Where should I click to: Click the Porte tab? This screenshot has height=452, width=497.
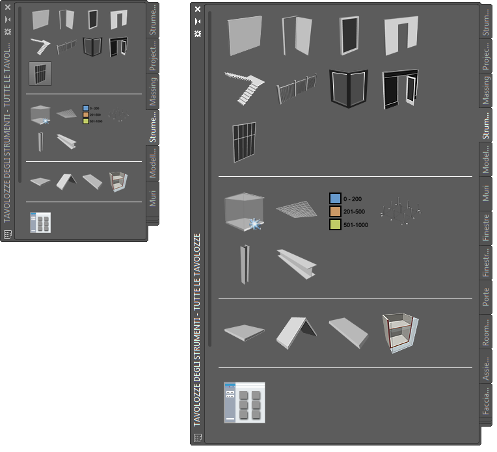(x=485, y=297)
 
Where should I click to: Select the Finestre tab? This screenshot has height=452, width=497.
(x=485, y=228)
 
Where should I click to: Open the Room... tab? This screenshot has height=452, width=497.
(x=485, y=332)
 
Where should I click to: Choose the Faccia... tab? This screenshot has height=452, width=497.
(x=485, y=401)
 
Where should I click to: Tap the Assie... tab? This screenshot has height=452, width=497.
(x=485, y=367)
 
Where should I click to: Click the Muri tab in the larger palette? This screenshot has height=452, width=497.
(x=485, y=194)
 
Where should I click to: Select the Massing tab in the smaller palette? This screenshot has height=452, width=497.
(x=152, y=90)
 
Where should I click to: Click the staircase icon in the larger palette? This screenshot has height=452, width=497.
(x=244, y=87)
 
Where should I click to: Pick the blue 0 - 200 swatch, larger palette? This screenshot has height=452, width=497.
(x=335, y=198)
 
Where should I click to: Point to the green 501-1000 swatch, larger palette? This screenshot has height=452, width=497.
(x=335, y=224)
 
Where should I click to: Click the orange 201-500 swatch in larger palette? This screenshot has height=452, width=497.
(x=335, y=211)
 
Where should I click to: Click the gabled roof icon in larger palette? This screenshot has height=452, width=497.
(x=296, y=333)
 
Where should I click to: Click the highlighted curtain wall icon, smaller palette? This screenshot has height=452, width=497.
(x=40, y=73)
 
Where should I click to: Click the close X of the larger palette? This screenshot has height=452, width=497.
(x=198, y=9)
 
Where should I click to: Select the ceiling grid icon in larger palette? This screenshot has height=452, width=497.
(x=296, y=208)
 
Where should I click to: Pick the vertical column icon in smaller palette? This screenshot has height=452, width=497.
(x=41, y=142)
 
